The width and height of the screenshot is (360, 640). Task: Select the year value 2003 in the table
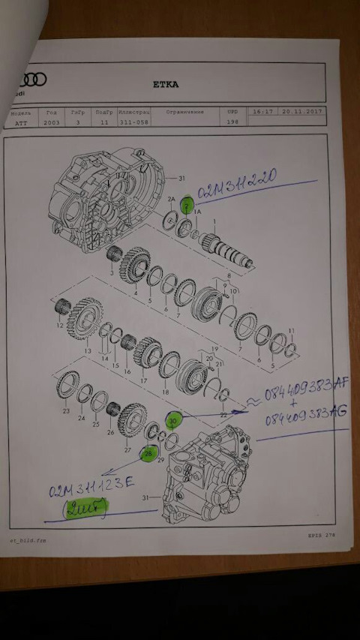52,122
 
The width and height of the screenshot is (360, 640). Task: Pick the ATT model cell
20,122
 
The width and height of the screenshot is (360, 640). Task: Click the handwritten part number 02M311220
237,180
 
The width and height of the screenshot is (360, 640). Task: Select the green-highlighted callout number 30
174,422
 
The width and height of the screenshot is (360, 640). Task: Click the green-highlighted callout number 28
149,453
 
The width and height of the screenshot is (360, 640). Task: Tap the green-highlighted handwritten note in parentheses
85,509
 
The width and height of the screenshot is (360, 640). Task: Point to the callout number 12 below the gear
59,326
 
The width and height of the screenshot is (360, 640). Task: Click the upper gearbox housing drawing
105,199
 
